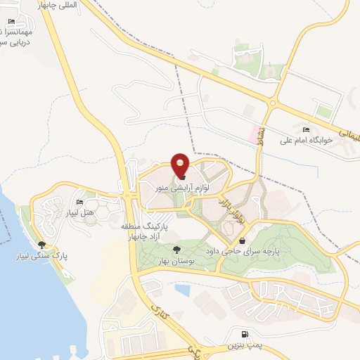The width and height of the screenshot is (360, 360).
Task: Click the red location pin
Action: (181, 165)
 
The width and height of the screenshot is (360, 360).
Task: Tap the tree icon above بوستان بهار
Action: (176, 250)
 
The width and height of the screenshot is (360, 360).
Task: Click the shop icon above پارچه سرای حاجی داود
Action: (242, 240)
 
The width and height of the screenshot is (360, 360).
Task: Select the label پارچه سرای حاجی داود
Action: (252, 250)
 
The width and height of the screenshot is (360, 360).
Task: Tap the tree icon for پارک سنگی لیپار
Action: (41, 245)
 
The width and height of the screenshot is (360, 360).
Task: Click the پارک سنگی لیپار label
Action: (41, 255)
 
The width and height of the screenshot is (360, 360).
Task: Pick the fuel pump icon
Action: (243, 335)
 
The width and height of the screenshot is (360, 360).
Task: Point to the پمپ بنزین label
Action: (243, 346)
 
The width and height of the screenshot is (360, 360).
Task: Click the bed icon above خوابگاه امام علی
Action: (305, 130)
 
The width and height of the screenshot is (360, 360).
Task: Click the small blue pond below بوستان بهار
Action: (182, 288)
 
